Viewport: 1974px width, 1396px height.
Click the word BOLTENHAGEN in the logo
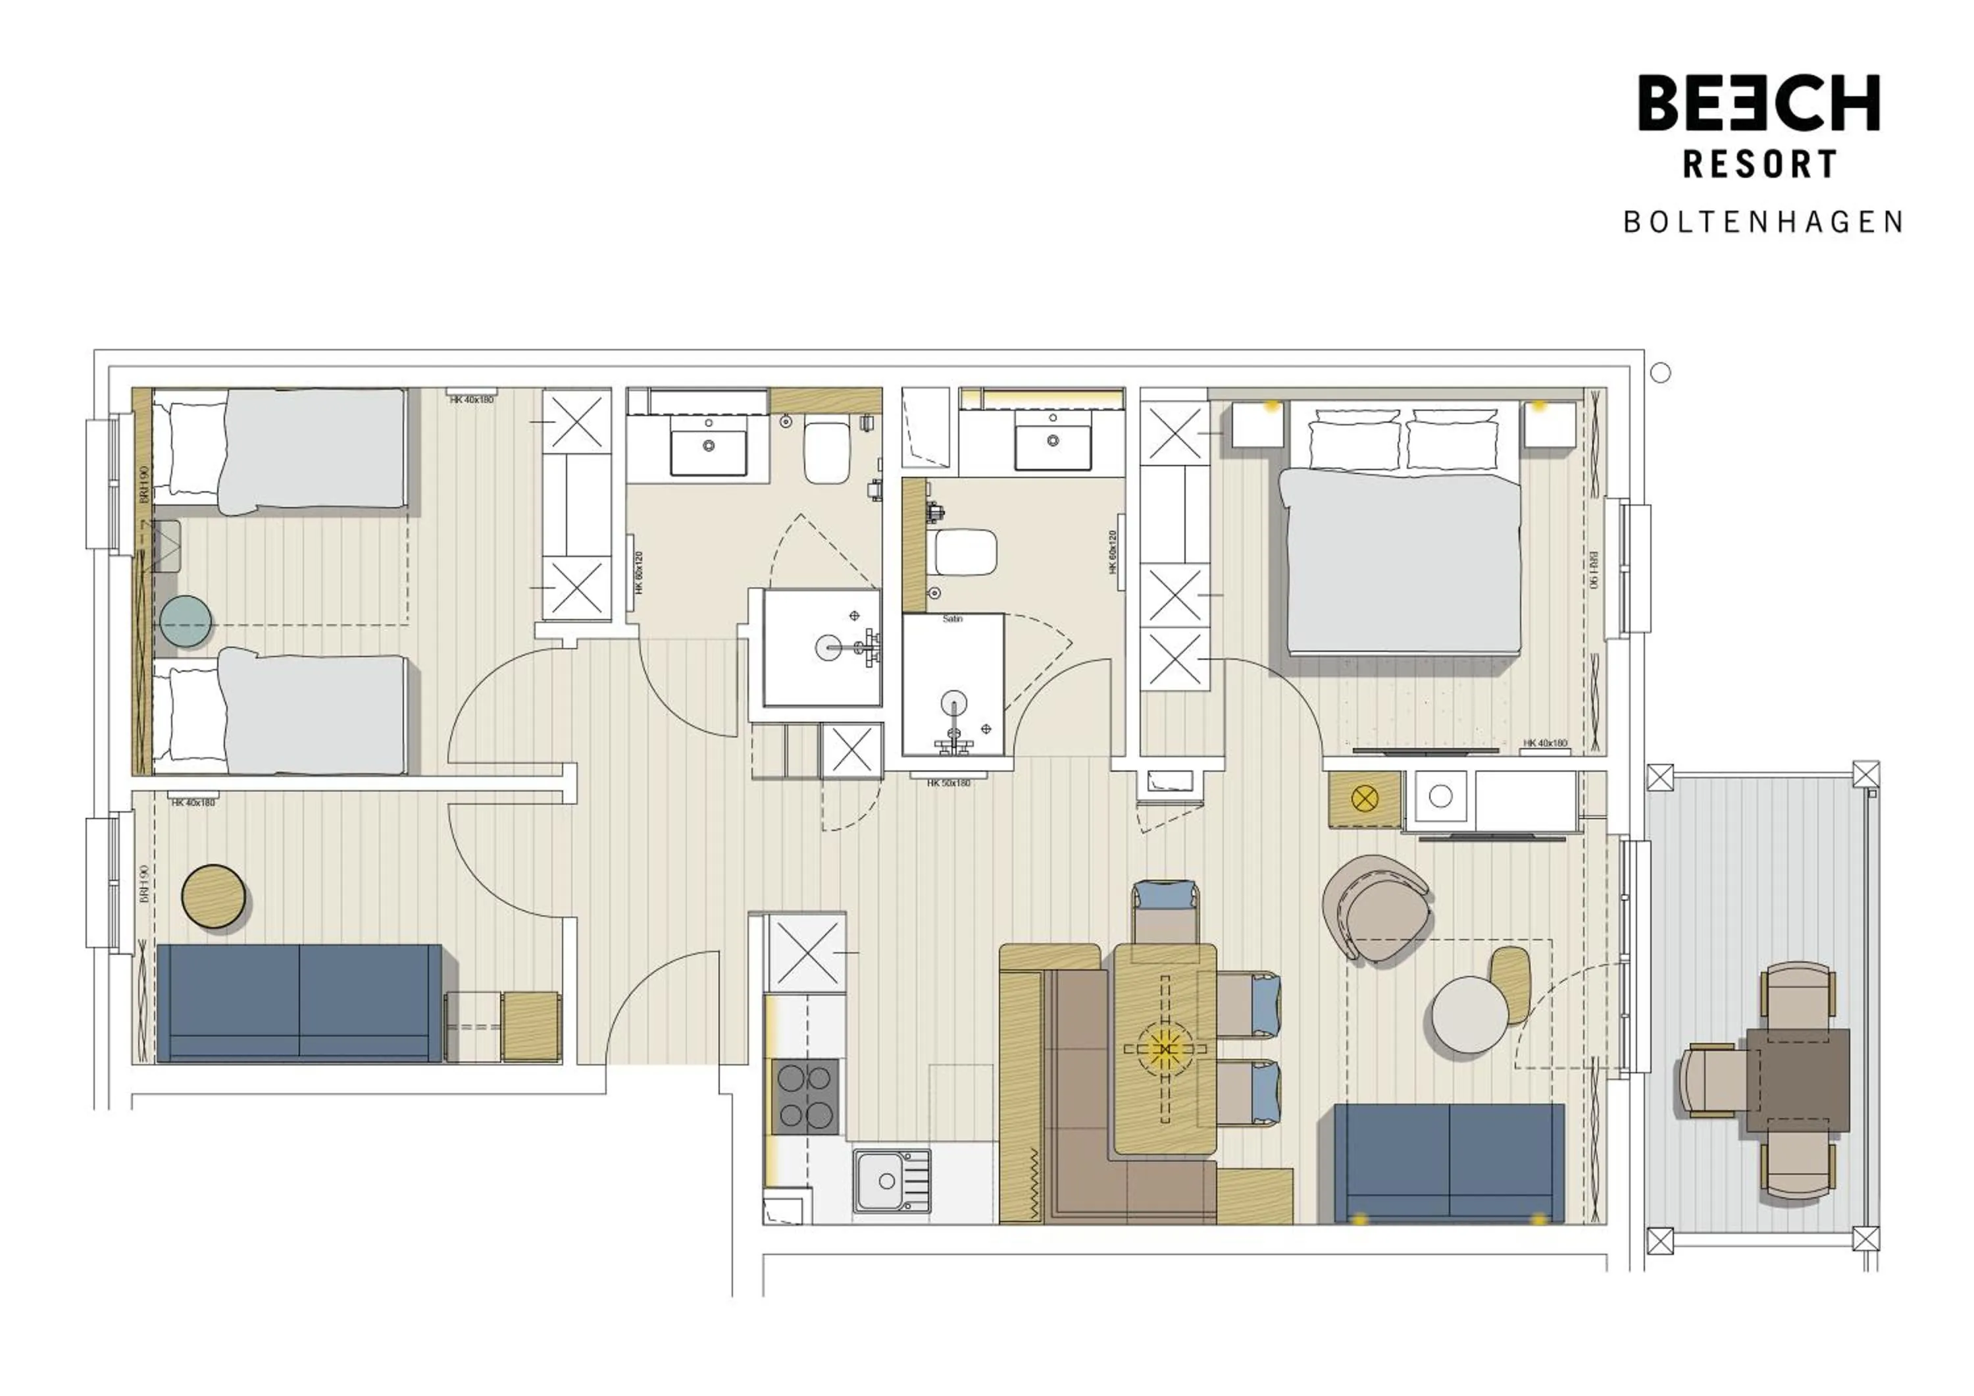tap(1763, 222)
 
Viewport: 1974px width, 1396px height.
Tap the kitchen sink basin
tap(878, 1181)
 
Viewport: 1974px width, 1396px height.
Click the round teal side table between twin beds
tap(186, 622)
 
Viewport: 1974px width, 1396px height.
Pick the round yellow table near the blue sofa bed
tap(214, 896)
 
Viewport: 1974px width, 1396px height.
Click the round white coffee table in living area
tap(1469, 1015)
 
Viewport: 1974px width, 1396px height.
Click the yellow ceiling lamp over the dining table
tap(1165, 1048)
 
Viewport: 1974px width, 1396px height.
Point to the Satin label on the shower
tap(951, 619)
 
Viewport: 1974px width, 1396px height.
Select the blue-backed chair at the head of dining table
tap(1165, 912)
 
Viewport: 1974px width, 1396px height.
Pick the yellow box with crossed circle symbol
tap(1365, 799)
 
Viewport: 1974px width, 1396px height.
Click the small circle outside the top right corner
tap(1661, 373)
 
